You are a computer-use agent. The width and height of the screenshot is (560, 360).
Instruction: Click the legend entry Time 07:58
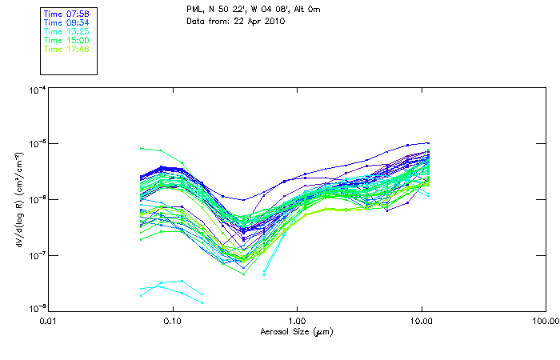tap(66, 14)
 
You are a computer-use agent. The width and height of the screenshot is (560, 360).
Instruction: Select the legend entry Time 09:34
tap(66, 22)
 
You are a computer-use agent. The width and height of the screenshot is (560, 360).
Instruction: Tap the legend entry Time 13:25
tap(66, 31)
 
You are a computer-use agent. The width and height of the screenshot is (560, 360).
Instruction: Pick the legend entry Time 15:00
tap(66, 40)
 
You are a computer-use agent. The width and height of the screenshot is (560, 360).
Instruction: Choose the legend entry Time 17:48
tap(66, 49)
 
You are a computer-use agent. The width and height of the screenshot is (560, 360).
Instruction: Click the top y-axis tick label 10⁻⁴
tap(36, 90)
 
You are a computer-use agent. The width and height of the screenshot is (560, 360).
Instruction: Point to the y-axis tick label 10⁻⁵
tap(36, 145)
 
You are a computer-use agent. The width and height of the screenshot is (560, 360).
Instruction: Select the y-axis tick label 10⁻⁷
tap(36, 255)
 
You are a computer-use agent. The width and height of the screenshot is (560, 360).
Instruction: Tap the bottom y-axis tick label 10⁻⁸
tap(36, 308)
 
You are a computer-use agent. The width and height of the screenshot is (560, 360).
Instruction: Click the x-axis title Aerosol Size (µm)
tap(297, 331)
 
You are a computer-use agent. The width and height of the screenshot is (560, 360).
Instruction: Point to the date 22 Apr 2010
tap(260, 21)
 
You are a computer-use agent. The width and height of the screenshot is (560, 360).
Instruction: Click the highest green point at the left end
tap(141, 148)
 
